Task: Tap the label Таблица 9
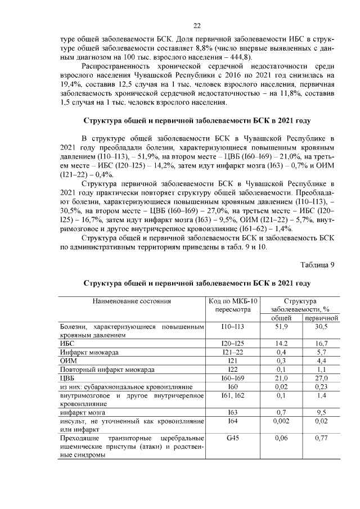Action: click(317, 266)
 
